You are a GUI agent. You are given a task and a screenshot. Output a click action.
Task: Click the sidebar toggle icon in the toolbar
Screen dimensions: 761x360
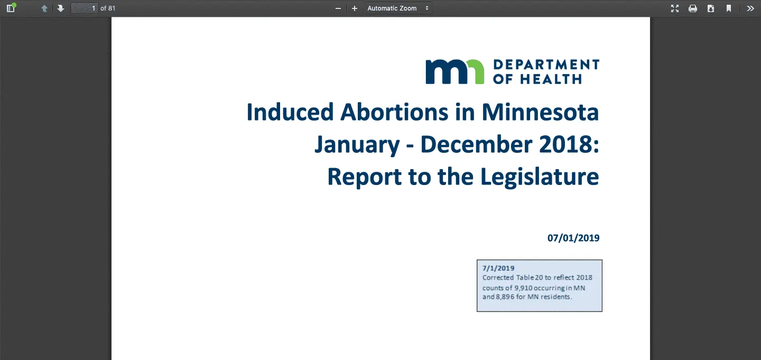pyautogui.click(x=11, y=8)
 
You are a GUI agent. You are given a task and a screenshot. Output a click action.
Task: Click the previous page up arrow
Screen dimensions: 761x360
pyautogui.click(x=44, y=8)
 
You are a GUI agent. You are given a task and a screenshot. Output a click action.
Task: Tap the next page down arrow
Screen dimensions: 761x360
pyautogui.click(x=60, y=8)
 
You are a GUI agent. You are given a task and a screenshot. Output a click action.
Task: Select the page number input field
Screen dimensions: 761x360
pyautogui.click(x=84, y=8)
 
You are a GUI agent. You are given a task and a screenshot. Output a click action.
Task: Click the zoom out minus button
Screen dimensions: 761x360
pyautogui.click(x=338, y=8)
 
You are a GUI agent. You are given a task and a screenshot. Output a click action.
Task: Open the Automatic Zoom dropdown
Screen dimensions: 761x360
pyautogui.click(x=398, y=8)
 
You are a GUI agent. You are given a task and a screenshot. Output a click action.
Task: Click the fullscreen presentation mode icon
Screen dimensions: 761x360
pyautogui.click(x=675, y=8)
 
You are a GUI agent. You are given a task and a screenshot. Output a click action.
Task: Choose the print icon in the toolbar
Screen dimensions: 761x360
pyautogui.click(x=693, y=8)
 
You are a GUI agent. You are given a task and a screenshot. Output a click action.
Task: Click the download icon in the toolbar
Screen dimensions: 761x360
pyautogui.click(x=711, y=8)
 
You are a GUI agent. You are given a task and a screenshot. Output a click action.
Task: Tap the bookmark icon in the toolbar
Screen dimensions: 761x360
pyautogui.click(x=729, y=8)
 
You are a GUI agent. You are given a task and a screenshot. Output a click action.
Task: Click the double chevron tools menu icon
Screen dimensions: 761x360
pyautogui.click(x=750, y=8)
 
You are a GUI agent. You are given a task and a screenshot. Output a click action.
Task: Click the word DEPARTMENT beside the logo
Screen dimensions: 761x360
pyautogui.click(x=546, y=64)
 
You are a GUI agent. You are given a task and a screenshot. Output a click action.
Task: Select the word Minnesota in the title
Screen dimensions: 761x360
pyautogui.click(x=540, y=112)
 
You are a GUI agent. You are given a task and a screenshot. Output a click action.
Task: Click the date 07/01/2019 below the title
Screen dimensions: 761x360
pyautogui.click(x=573, y=238)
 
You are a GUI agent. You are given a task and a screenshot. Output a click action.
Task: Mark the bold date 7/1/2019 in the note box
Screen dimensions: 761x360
pyautogui.click(x=498, y=268)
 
